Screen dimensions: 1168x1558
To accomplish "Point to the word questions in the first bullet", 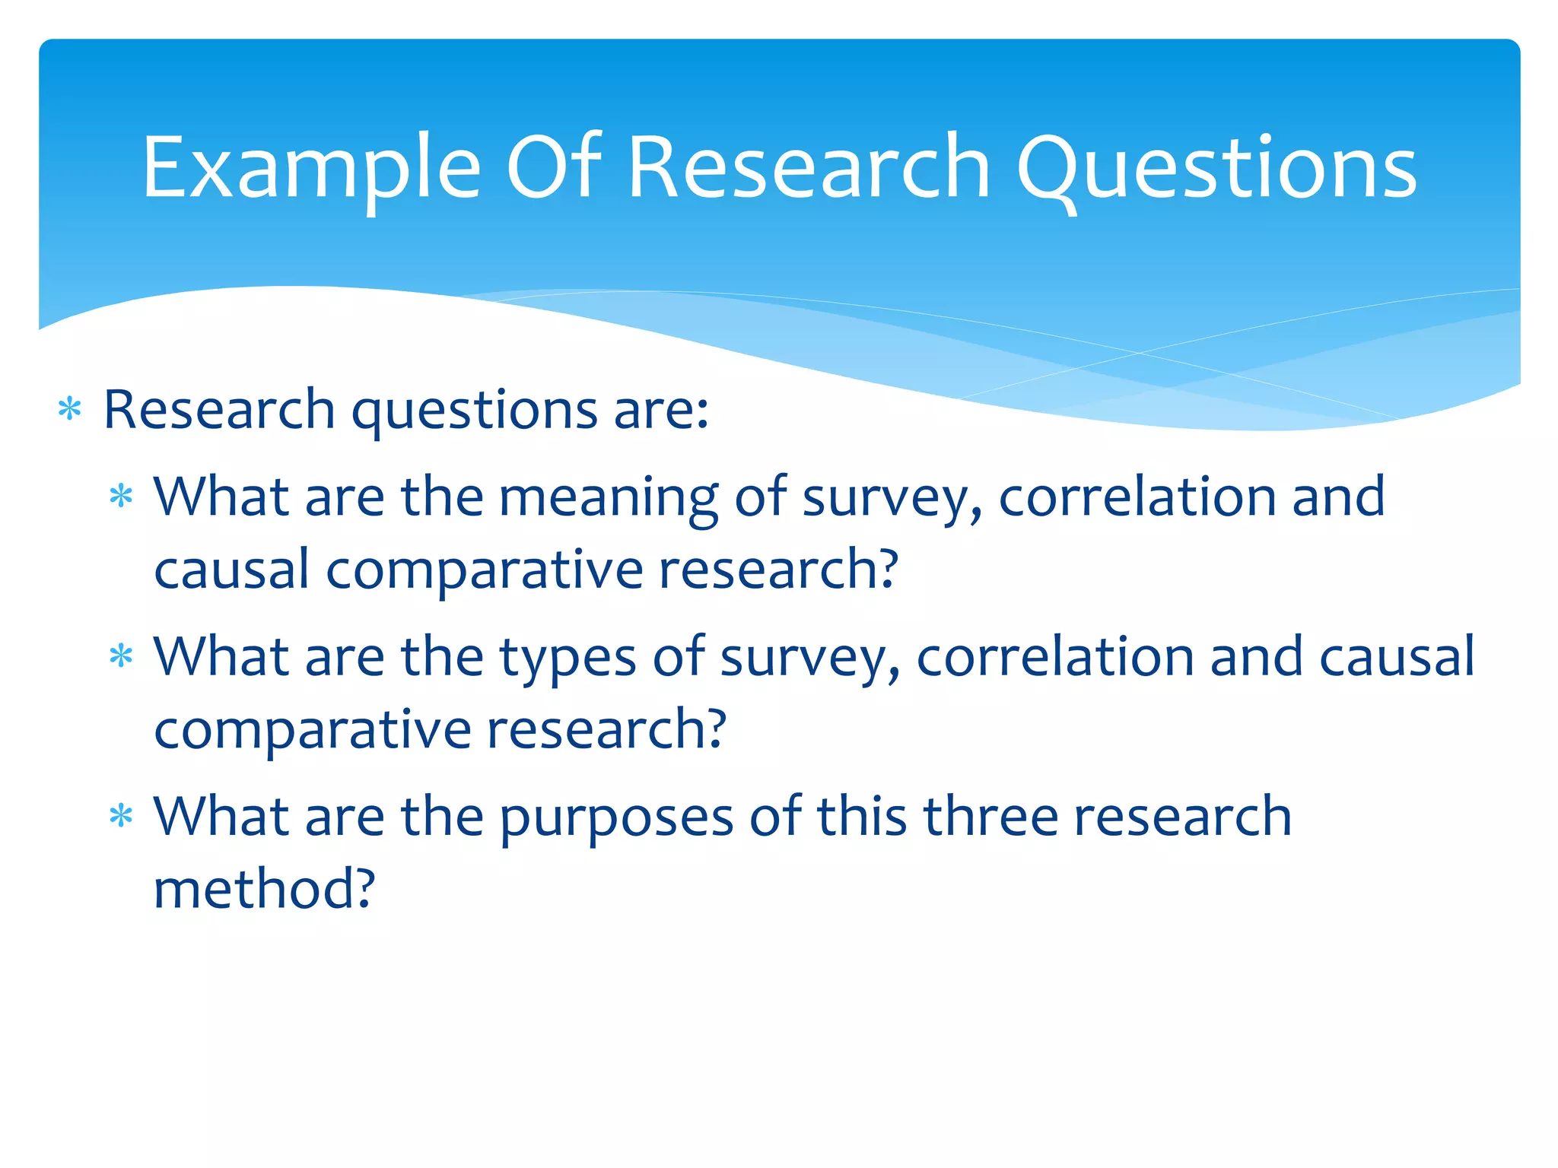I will coord(474,411).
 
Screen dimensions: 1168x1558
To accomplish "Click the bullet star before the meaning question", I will coord(121,497).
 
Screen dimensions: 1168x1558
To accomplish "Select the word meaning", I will coord(609,497).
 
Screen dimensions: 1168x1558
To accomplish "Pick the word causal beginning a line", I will coord(231,569).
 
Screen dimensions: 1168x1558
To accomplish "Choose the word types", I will coord(568,657).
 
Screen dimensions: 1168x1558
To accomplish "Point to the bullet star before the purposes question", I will coord(121,817).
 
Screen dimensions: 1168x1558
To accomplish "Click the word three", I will coord(990,817).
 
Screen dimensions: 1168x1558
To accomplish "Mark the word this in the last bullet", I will coord(862,817).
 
